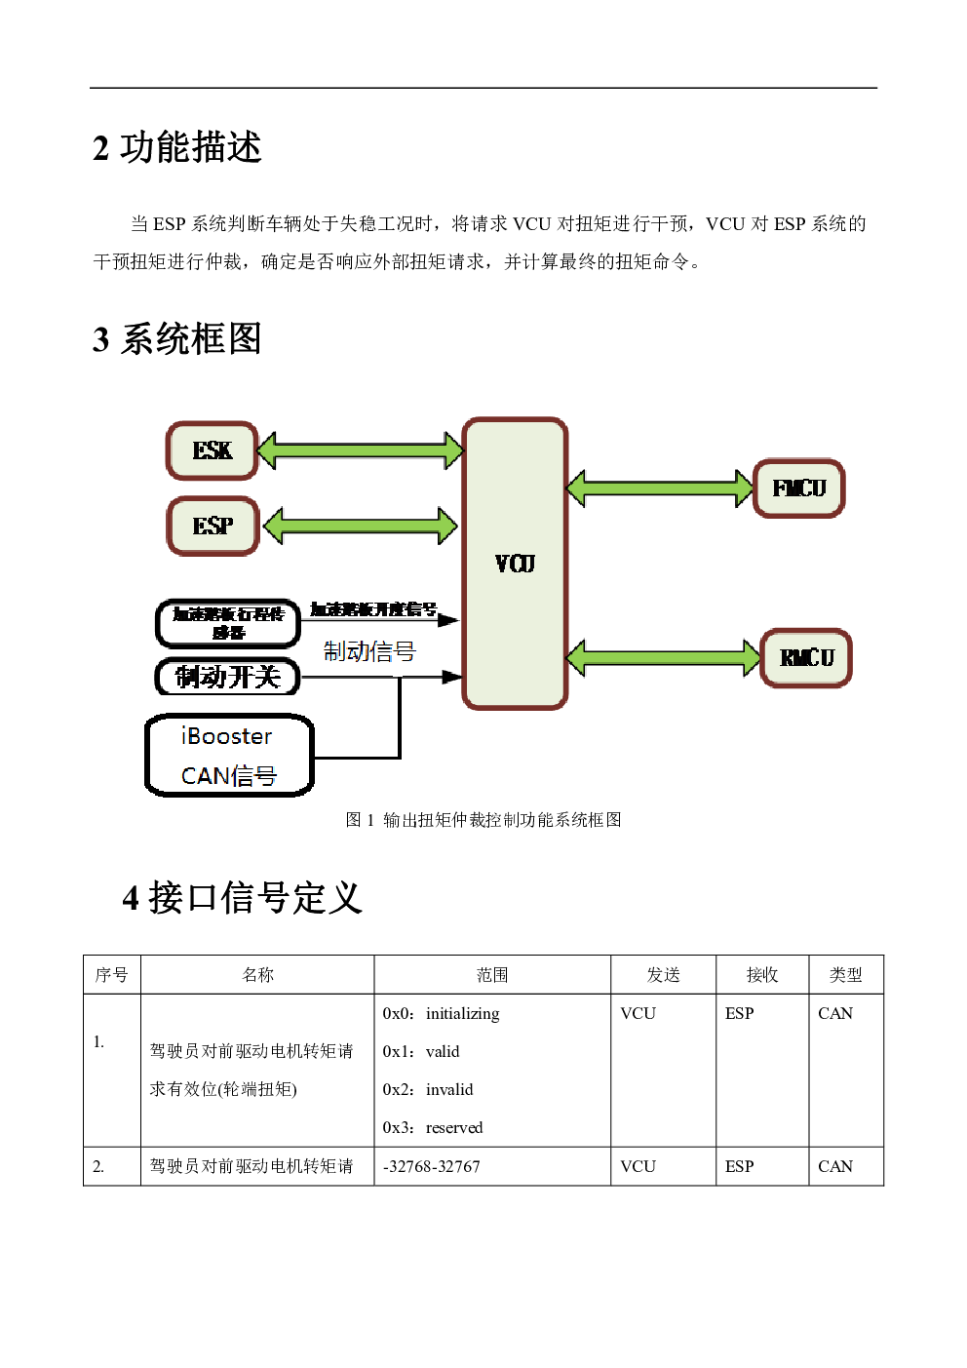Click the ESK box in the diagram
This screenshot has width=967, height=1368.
(212, 450)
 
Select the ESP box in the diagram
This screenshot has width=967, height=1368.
(213, 527)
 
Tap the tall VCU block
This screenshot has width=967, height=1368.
(515, 564)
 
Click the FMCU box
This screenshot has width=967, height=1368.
(798, 488)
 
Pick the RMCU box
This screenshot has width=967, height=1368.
(806, 658)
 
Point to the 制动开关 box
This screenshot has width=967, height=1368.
(227, 677)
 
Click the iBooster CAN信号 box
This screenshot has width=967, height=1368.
(229, 756)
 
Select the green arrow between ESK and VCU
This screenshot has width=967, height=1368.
(361, 450)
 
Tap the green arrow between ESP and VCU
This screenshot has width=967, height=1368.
(361, 527)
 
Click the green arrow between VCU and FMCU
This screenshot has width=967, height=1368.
(660, 488)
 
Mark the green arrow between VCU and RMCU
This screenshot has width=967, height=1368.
(663, 658)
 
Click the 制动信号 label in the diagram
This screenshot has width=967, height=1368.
(369, 651)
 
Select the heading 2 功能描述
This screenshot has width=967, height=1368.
(177, 148)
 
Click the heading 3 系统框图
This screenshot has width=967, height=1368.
(177, 339)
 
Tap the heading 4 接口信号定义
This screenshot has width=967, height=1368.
(243, 898)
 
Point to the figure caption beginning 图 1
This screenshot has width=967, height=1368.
(483, 820)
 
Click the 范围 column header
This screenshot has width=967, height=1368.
(492, 974)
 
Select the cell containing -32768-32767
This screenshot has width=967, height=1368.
(432, 1166)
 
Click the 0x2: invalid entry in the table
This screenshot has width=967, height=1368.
(428, 1089)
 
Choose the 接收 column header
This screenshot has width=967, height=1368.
(762, 974)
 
